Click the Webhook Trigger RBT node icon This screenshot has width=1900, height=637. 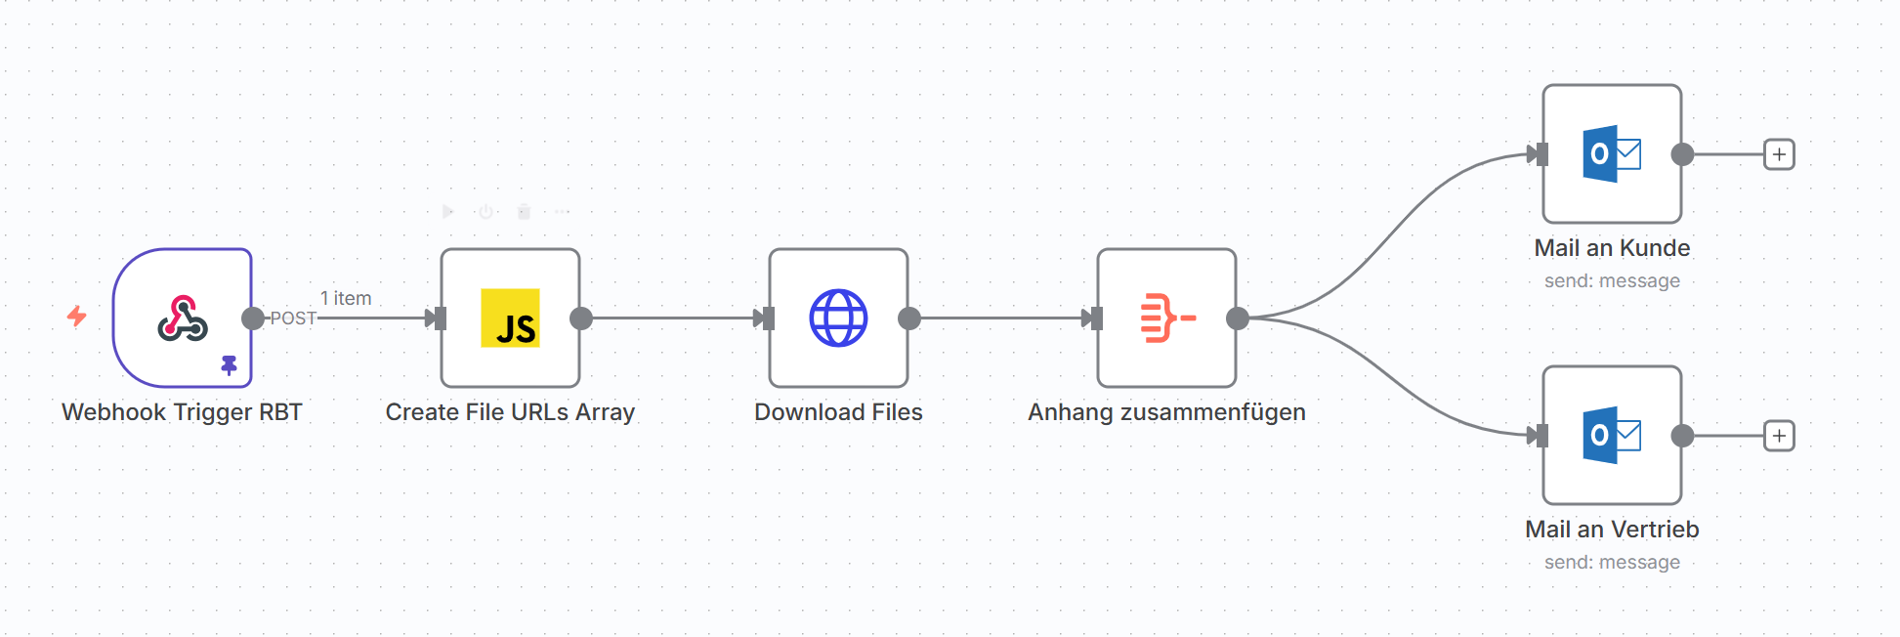coord(183,318)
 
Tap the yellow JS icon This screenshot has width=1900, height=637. coord(510,318)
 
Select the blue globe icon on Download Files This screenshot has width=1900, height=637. coord(838,318)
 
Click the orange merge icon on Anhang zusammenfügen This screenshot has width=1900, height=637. coord(1167,318)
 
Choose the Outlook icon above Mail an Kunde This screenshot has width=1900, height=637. coord(1612,153)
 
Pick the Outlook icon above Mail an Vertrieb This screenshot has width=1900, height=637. coord(1612,435)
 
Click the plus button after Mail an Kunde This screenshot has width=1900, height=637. coord(1779,154)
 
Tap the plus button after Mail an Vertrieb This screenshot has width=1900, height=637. coord(1779,436)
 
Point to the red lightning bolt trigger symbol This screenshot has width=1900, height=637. coord(77,316)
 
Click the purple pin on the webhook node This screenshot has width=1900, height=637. coord(229,365)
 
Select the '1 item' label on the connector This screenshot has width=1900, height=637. coord(346,298)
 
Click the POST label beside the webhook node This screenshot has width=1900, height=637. coord(293,318)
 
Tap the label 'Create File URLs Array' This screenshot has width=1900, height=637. coord(510,412)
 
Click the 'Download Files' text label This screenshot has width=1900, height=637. coord(838,412)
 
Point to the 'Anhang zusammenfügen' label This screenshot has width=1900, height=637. coord(1166,412)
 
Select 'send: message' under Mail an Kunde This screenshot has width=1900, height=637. coord(1612,281)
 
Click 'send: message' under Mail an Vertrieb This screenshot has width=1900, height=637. coord(1612,563)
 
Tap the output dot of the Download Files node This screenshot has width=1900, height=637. coord(909,318)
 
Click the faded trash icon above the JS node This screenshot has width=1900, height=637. coord(524,211)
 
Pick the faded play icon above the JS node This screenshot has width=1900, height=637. coord(447,211)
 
